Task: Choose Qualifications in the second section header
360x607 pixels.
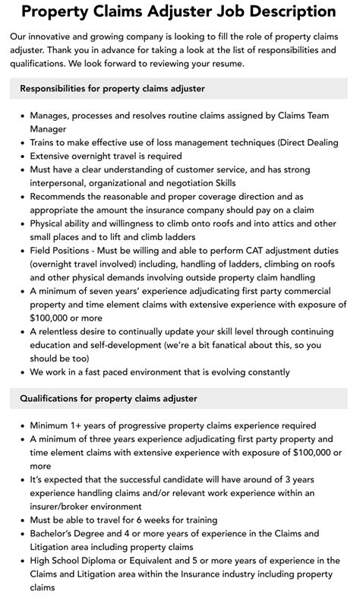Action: click(x=53, y=398)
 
